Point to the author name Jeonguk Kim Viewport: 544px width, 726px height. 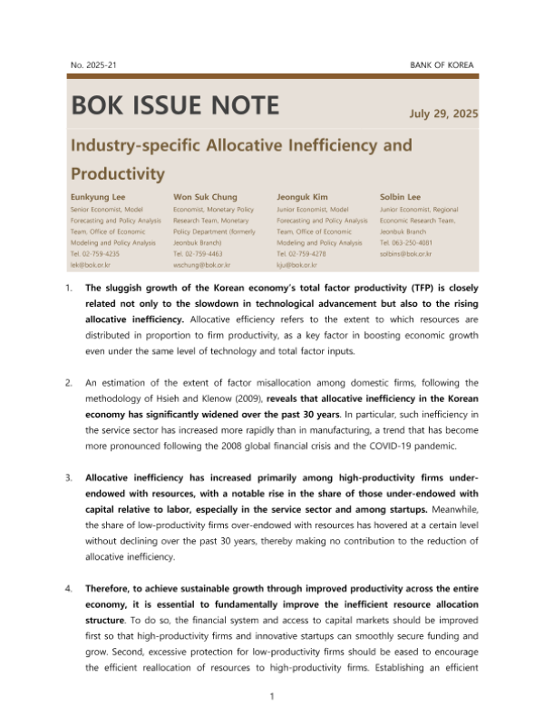[302, 195]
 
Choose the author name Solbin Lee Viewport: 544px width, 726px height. [399, 195]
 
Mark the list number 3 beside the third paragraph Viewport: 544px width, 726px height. [71, 477]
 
